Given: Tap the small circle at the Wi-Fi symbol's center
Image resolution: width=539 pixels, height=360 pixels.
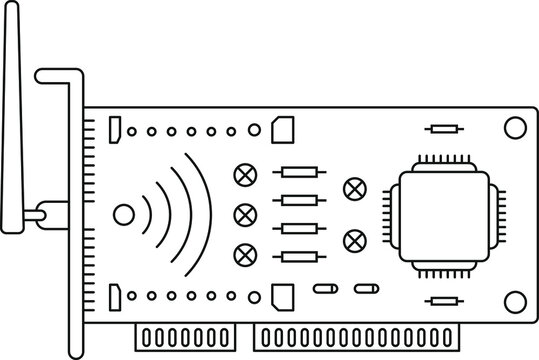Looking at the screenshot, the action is click(x=123, y=214).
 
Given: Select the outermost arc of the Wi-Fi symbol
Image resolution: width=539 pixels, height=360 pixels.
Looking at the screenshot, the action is click(x=202, y=214).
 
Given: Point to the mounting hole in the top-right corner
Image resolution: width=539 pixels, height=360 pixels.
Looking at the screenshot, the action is click(x=514, y=128).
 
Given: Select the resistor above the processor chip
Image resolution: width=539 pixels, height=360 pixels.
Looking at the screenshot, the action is click(x=443, y=128).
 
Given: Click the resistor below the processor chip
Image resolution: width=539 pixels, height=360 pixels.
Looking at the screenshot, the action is click(x=443, y=299).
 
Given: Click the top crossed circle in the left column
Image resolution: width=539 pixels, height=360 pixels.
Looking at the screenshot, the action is click(x=242, y=173).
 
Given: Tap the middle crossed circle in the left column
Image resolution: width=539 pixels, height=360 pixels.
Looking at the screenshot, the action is click(x=242, y=214).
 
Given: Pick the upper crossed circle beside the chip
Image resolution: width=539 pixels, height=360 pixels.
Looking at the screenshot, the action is click(x=352, y=187).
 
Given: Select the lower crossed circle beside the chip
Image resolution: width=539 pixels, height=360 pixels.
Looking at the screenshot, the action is click(x=352, y=240).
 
